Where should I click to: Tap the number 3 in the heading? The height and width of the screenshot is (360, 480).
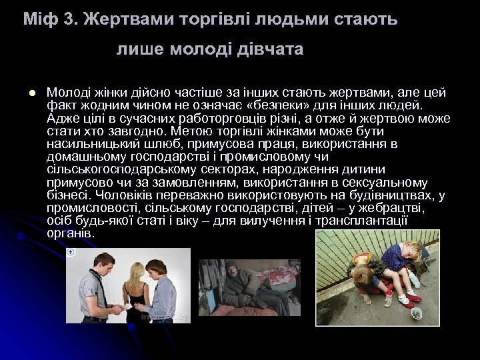tap(65, 19)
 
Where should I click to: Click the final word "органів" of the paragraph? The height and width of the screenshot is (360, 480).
tap(71, 235)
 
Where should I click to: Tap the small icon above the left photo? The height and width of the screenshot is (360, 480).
tap(70, 253)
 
